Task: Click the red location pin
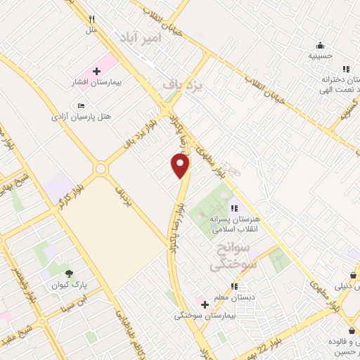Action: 181,166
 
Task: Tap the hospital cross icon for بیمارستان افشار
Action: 96,71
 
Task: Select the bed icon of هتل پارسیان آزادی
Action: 91,105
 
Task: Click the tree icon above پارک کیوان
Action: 68,274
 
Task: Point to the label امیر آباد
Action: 141,37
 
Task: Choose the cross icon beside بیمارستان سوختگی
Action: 205,304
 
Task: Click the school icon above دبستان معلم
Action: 234,287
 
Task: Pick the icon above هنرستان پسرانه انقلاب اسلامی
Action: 234,208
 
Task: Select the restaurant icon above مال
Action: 91,19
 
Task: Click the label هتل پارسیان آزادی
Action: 82,117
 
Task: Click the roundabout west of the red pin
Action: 101,169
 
